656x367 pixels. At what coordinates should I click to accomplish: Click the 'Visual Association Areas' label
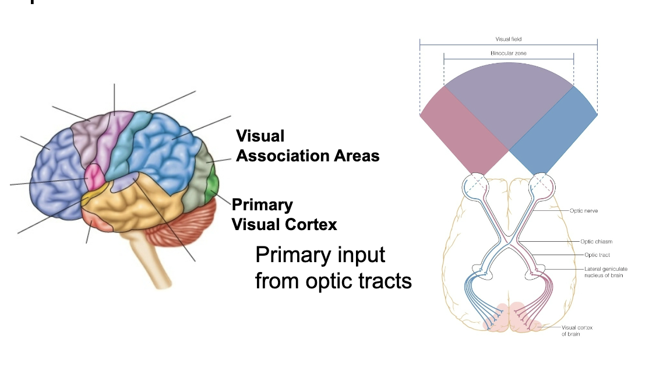coord(307,146)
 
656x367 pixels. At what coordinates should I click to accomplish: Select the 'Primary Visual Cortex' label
coord(284,214)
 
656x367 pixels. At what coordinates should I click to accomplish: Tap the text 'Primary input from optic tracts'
coord(333,268)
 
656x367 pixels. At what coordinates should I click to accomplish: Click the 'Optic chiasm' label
coord(597,241)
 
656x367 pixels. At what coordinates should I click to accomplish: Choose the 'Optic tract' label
coord(597,255)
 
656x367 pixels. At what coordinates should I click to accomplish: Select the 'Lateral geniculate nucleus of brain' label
coord(605,271)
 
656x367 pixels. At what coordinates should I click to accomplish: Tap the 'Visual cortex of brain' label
coord(577,330)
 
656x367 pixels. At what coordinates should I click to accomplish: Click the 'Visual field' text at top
coord(508,39)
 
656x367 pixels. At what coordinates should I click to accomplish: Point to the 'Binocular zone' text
coord(508,53)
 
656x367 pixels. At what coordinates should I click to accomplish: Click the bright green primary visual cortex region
coord(213,185)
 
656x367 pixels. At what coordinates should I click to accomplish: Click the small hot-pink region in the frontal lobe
coord(94,174)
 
